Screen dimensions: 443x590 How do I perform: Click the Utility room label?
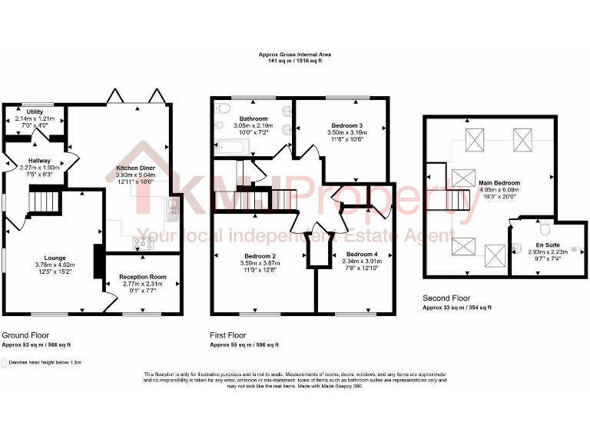(35, 112)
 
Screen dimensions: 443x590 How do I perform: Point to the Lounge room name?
(55, 258)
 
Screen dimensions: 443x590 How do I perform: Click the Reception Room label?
(143, 277)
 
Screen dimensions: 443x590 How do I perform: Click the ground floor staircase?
(45, 202)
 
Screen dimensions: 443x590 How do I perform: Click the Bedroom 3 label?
(346, 125)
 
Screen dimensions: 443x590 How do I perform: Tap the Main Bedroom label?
(499, 183)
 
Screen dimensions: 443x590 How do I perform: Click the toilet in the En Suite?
(543, 228)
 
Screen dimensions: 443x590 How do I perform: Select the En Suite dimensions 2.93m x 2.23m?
(547, 251)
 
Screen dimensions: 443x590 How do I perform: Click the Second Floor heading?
(446, 298)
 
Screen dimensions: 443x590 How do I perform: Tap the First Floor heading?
(228, 335)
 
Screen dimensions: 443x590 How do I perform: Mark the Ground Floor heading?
(26, 335)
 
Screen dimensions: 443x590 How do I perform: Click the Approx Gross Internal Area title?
(294, 55)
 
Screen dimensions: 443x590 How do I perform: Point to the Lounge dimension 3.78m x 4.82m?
(55, 265)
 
